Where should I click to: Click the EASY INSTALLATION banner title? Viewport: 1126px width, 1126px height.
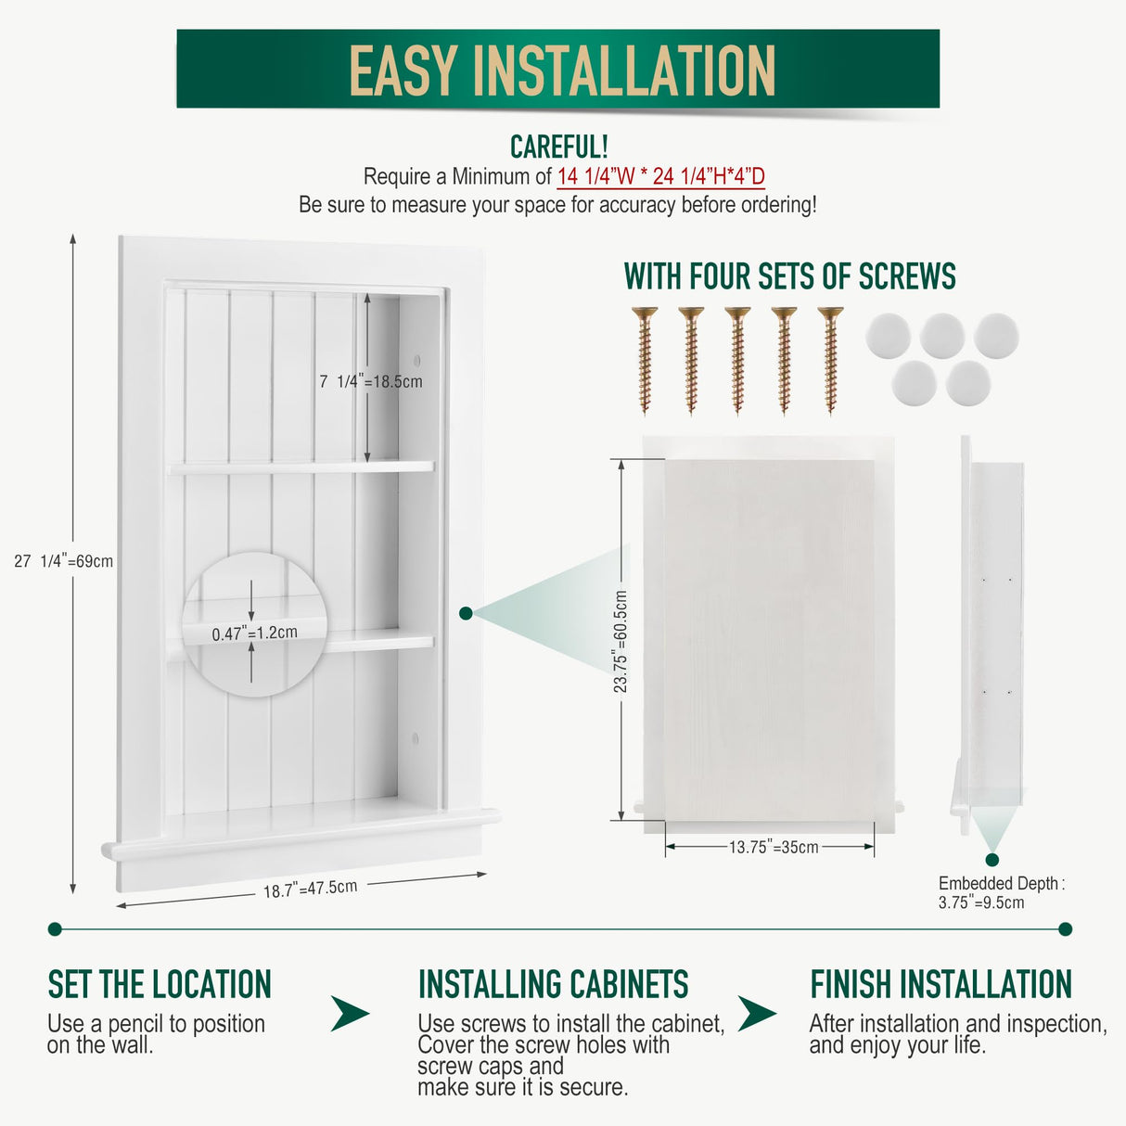coord(562,70)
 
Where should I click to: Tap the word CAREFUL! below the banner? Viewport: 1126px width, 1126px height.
coord(558,147)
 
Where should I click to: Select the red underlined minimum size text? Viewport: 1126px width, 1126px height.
coord(660,176)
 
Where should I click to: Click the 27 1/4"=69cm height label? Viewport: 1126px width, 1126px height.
coord(63,561)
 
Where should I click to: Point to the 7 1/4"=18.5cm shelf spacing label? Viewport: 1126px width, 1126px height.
coord(370,381)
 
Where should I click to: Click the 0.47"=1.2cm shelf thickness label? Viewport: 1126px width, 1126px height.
coord(254,633)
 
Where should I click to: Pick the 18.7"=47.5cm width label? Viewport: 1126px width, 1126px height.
coord(310,889)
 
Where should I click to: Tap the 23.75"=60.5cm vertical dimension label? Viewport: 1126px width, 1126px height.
coord(621,642)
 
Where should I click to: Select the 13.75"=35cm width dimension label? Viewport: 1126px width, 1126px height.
coord(773,847)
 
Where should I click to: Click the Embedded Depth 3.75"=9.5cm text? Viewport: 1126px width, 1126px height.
coord(999,892)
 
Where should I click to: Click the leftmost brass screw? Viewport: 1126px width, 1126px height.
coord(645,359)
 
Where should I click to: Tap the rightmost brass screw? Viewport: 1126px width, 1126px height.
coord(830,359)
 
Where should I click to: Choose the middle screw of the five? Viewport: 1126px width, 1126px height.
coord(737,359)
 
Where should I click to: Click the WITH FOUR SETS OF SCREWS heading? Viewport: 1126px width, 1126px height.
coord(789,276)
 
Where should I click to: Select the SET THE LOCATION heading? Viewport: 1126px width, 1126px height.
coord(160,984)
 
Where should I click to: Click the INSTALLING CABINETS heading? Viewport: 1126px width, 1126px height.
coord(553,984)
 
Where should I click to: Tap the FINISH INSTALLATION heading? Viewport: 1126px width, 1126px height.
coord(940,984)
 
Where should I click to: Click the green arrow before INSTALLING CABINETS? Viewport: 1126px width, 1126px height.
coord(350,1013)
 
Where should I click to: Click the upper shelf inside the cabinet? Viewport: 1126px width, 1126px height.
coord(301,468)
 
